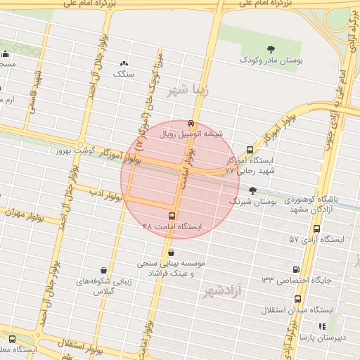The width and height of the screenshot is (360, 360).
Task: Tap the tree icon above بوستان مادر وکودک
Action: [252, 49]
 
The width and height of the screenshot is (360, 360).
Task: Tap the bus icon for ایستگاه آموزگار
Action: [250, 150]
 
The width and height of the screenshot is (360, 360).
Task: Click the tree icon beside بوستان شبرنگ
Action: [252, 190]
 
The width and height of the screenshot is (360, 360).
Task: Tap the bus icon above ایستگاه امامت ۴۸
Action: [172, 215]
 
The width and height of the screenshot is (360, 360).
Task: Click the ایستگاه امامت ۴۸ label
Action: [172, 226]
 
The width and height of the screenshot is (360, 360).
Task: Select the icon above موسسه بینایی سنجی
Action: [172, 252]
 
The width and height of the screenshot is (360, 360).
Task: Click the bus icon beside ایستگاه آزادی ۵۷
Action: [316, 229]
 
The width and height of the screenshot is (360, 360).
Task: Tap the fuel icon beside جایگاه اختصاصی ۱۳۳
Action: [296, 269]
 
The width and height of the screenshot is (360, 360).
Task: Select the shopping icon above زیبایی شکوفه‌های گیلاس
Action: [104, 270]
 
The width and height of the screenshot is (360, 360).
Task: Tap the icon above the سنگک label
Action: [124, 63]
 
